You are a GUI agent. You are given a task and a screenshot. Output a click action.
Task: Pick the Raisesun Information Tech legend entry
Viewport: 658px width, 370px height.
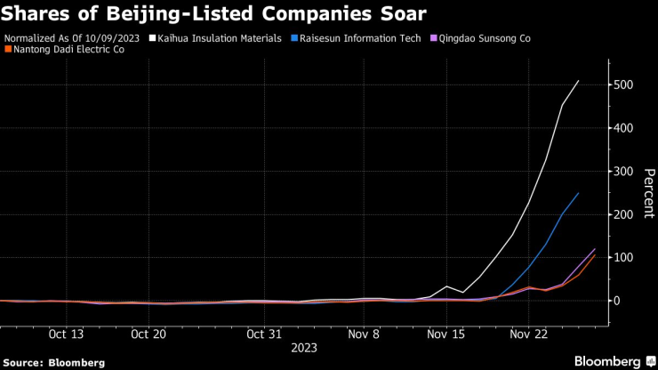tap(349, 38)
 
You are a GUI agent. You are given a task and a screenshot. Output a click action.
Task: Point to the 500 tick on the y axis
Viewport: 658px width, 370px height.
tap(624, 85)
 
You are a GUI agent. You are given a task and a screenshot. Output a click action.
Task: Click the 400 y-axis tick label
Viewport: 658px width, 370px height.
tap(624, 128)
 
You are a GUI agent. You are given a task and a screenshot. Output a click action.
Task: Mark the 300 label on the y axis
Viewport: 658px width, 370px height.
tap(624, 172)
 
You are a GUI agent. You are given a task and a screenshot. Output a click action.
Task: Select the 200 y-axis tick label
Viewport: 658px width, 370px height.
tap(624, 214)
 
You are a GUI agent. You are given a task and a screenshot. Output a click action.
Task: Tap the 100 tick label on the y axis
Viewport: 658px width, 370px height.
tap(624, 258)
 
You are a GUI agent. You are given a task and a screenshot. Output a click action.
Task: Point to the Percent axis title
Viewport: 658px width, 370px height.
tap(648, 193)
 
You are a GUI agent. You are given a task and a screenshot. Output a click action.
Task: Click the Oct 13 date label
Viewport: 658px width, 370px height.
tap(66, 334)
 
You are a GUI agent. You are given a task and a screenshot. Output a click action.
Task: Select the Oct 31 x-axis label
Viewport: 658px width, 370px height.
tap(263, 334)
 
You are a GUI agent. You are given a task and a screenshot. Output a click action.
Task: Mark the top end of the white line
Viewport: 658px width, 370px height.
tap(578, 81)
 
